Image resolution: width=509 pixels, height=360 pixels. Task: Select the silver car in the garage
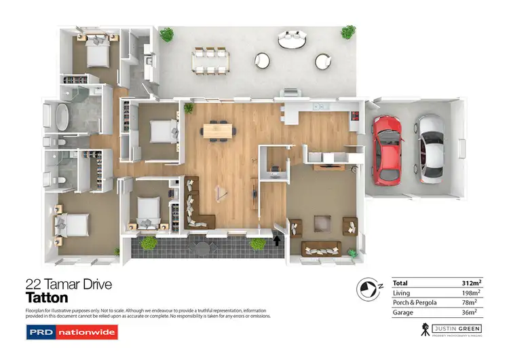pyautogui.click(x=430, y=148)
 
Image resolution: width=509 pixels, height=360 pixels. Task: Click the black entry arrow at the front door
pyautogui.click(x=276, y=239)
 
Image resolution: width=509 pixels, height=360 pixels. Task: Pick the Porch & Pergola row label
pyautogui.click(x=415, y=302)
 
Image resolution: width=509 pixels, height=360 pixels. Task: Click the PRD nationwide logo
pyautogui.click(x=71, y=332)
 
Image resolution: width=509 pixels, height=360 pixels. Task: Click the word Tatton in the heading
pyautogui.click(x=47, y=298)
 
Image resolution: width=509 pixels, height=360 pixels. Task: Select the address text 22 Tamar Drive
pyautogui.click(x=68, y=284)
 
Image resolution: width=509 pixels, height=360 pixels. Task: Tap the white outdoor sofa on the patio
pyautogui.click(x=292, y=39)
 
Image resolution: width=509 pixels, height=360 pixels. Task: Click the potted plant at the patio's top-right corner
pyautogui.click(x=348, y=32)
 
